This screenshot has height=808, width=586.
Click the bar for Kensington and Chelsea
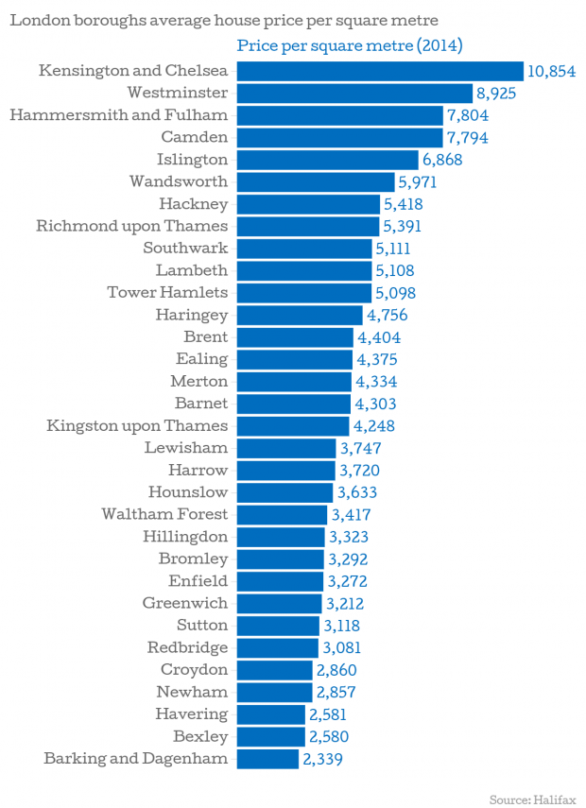379,71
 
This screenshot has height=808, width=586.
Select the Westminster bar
354,93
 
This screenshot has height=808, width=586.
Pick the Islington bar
327,160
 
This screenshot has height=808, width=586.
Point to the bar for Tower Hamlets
303,293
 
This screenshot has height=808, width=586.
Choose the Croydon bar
274,669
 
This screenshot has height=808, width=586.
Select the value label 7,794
470,138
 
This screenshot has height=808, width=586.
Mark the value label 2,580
331,735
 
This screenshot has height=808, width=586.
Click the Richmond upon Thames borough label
132,226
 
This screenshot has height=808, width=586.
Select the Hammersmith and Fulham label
118,115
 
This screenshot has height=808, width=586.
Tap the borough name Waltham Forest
164,514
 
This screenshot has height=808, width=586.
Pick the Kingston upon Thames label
137,425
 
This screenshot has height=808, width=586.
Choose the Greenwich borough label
185,603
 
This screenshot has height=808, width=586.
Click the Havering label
192,713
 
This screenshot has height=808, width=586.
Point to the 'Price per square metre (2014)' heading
349,45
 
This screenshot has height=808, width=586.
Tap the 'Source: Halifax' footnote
532,800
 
